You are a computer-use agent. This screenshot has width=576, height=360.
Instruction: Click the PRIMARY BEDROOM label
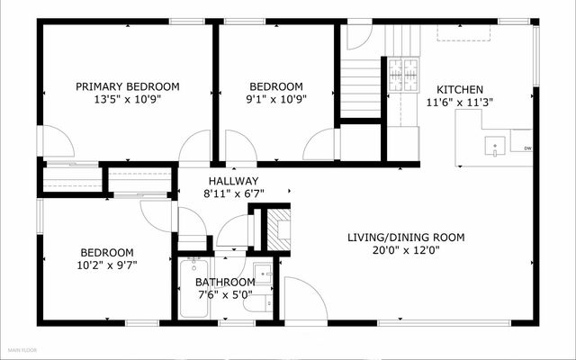pos(128,86)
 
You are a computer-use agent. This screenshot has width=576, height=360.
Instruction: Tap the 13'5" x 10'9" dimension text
pos(128,99)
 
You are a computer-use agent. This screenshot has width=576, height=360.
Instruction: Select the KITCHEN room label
pos(460,90)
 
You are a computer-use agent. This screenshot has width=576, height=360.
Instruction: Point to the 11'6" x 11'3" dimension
pos(460,103)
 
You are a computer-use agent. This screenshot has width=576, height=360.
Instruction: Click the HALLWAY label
pos(234,181)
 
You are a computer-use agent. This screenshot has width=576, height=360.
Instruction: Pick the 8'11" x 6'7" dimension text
pos(234,193)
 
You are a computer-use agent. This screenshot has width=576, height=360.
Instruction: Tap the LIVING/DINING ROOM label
pos(406,238)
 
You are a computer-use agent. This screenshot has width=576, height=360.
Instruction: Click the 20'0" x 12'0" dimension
pos(406,250)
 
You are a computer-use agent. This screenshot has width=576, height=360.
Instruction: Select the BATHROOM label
pos(225,282)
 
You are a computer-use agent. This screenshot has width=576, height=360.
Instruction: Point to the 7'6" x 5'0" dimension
pos(226,294)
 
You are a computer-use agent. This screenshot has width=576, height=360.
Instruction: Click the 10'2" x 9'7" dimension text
pos(107,265)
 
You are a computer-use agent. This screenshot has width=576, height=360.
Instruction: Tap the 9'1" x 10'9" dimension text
pos(276,99)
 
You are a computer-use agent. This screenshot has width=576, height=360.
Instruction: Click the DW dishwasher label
pos(528,148)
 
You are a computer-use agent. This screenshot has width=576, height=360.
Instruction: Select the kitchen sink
pos(495,146)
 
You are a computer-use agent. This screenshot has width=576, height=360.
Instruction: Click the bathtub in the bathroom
pos(194,287)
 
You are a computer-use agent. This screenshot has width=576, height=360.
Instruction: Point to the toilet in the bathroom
pos(258,303)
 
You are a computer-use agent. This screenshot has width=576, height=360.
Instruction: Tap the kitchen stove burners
pos(403,75)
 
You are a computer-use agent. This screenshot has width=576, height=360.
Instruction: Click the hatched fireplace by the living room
pos(278,229)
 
